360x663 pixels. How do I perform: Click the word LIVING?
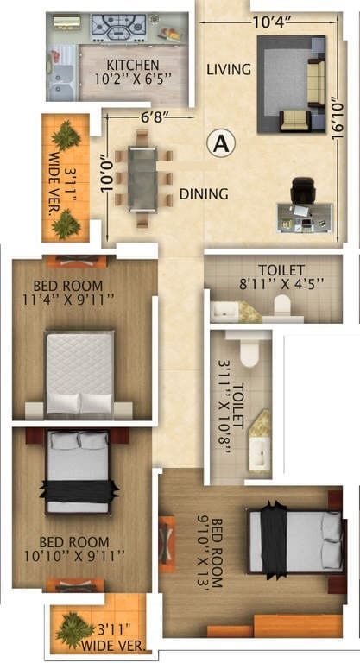(230, 69)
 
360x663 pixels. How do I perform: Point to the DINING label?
(204, 194)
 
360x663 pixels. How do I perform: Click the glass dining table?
(142, 178)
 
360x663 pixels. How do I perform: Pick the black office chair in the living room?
(302, 189)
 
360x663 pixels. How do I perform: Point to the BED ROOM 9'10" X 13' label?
(212, 552)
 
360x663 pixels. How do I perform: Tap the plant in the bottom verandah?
(76, 628)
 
